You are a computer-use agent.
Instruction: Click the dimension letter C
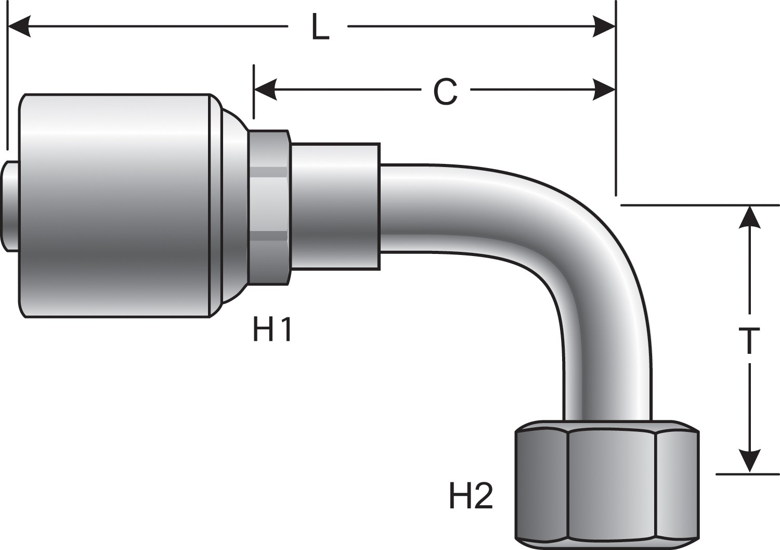(445, 92)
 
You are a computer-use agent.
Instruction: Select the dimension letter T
(749, 341)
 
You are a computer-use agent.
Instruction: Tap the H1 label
(272, 330)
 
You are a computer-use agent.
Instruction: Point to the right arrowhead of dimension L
(604, 26)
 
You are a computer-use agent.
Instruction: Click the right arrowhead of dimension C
(604, 90)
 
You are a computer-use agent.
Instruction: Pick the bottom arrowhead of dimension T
(749, 462)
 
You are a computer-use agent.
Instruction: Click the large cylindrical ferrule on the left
(114, 206)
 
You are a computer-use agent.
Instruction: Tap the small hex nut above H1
(268, 207)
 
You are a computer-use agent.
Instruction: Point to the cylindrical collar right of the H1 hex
(335, 207)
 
